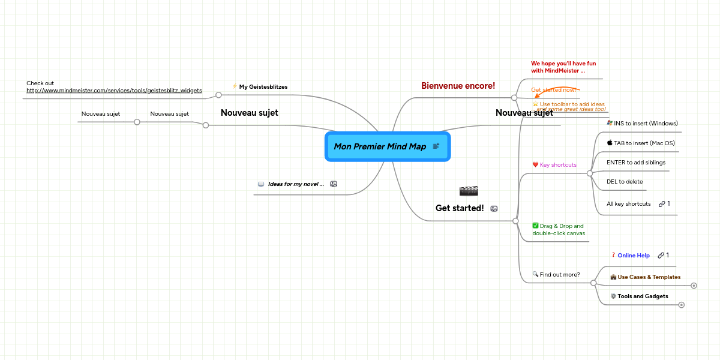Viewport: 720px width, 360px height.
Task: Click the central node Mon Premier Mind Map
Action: click(380, 146)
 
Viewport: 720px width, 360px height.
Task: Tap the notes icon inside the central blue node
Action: click(436, 146)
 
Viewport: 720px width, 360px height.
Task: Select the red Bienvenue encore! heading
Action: click(458, 86)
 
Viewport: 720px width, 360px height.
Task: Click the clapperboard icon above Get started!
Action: click(468, 191)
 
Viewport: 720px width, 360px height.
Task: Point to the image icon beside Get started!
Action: click(494, 209)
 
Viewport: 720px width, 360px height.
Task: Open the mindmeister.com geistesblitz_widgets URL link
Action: click(114, 91)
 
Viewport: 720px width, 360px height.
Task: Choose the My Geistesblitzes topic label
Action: click(263, 87)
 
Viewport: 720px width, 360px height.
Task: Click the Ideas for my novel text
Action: click(295, 184)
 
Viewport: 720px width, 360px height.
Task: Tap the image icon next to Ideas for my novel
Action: click(334, 184)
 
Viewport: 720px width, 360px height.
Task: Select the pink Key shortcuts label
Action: click(558, 165)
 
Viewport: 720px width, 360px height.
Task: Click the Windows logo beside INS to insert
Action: click(610, 123)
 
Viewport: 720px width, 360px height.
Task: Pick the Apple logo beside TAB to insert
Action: click(610, 143)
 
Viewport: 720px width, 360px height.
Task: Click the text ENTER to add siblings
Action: click(635, 163)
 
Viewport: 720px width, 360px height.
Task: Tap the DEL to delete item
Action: click(624, 182)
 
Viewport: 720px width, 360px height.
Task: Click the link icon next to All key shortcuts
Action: click(661, 204)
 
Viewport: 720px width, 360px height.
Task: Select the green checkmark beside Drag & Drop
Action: click(535, 226)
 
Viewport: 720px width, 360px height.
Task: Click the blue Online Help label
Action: click(633, 256)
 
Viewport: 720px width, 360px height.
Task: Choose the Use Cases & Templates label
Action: click(649, 277)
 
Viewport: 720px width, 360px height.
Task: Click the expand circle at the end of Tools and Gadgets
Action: click(681, 305)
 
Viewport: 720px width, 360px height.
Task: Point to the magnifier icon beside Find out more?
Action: click(535, 274)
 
